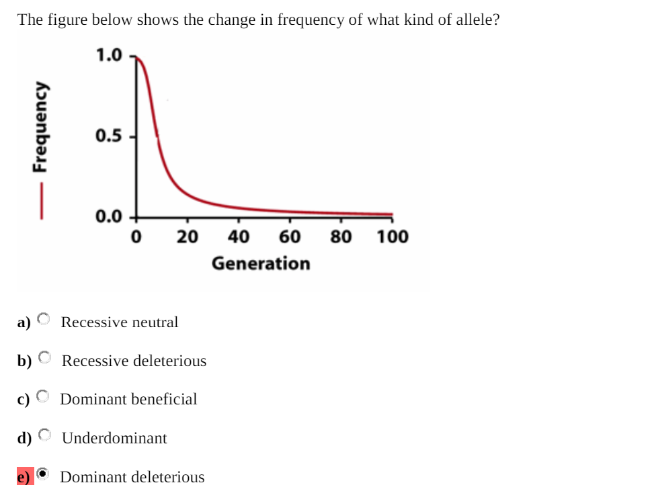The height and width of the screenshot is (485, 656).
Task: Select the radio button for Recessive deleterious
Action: (x=44, y=357)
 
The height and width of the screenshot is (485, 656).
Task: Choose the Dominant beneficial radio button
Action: (x=44, y=396)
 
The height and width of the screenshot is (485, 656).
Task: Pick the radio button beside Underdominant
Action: (x=44, y=435)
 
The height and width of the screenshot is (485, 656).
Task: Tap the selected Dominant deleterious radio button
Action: (x=44, y=474)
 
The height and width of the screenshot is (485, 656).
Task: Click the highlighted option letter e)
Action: (x=24, y=476)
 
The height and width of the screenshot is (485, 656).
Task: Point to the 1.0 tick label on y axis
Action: (x=109, y=55)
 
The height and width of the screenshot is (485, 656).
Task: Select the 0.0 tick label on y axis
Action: (x=109, y=216)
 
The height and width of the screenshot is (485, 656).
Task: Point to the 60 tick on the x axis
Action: (x=290, y=237)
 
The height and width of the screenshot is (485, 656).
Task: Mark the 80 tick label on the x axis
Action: (x=341, y=237)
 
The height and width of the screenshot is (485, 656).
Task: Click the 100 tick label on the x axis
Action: (x=392, y=237)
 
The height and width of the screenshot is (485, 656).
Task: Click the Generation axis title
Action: (x=261, y=263)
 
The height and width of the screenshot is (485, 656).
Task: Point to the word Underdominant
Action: (x=114, y=438)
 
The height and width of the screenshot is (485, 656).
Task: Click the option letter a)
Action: (x=24, y=322)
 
